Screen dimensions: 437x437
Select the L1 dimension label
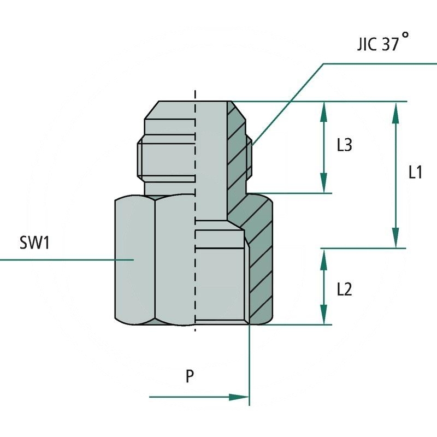415,173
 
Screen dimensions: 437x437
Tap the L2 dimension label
344,288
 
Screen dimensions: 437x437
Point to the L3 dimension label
344,145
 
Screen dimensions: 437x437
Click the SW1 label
34,243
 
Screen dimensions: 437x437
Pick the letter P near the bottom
190,377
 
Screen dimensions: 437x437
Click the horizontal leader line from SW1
66,259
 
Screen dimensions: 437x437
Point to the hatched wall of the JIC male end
237,147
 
